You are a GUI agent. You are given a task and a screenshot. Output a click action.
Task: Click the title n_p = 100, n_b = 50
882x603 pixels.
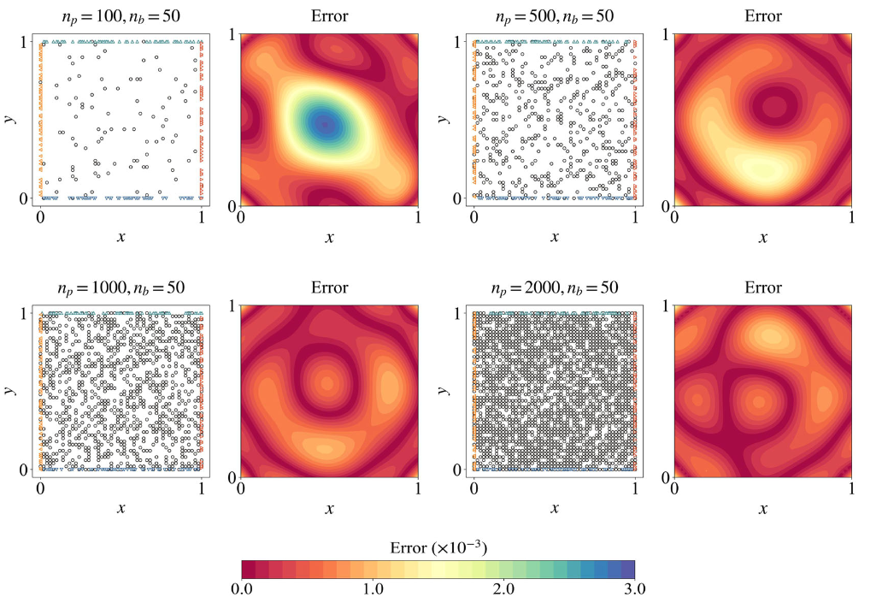(121, 16)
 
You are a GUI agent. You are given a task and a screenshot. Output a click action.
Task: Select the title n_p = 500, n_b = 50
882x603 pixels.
(554, 16)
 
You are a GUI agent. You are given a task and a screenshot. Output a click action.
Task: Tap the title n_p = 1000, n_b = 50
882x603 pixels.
(121, 287)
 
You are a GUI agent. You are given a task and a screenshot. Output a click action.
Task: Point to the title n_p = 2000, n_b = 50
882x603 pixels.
(554, 287)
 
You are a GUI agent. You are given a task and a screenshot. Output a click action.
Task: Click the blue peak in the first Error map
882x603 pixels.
(324, 125)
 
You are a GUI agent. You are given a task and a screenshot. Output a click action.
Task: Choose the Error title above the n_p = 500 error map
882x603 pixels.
(762, 16)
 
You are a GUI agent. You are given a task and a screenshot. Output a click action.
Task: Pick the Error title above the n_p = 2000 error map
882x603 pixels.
(762, 287)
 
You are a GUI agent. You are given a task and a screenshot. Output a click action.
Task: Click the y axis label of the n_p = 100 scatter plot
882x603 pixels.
(11, 118)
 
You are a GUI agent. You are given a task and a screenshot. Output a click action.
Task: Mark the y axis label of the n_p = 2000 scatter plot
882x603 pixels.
(444, 390)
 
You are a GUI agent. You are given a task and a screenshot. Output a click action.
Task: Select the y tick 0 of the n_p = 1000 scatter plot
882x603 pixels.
(28, 470)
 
